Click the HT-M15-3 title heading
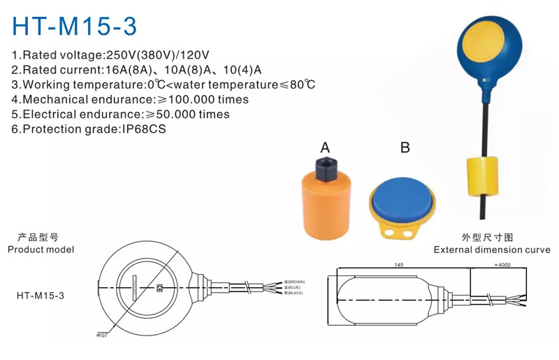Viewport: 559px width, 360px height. [75, 25]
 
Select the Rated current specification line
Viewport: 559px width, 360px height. [136, 70]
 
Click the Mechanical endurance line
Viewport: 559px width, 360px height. [130, 99]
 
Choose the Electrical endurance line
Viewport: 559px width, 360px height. [120, 114]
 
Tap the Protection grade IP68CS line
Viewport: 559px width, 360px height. [89, 129]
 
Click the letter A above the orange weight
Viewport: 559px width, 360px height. [325, 147]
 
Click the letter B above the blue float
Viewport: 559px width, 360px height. [405, 147]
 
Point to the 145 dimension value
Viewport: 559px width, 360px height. [399, 265]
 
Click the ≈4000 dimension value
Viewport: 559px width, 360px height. [504, 265]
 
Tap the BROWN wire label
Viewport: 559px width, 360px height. [294, 282]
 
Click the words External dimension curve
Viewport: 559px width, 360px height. [491, 250]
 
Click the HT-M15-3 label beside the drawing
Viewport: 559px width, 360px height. [41, 295]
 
